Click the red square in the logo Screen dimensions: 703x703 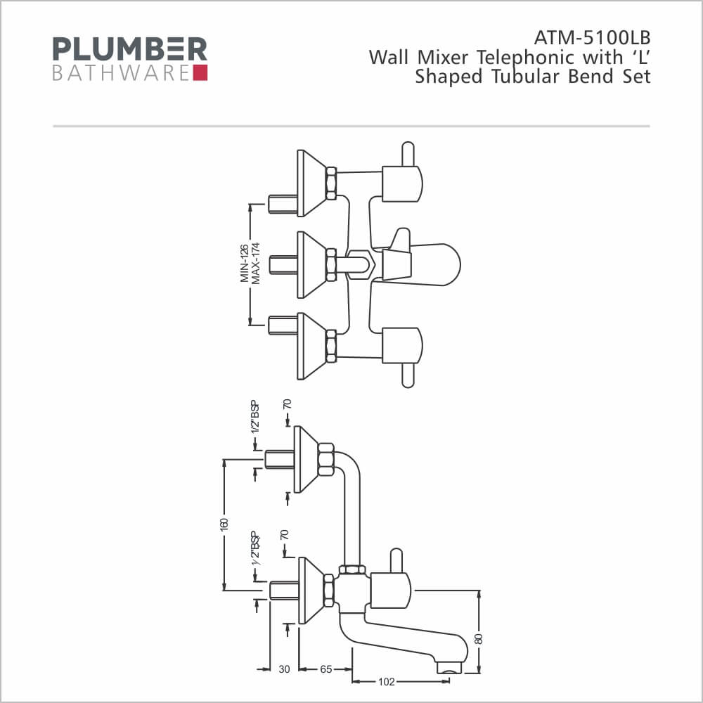click(200, 73)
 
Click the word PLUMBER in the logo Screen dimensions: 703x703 click(130, 49)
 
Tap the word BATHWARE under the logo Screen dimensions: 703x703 click(121, 74)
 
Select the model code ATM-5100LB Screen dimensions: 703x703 click(592, 38)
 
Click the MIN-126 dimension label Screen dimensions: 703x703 click(245, 263)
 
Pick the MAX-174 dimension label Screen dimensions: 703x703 click(256, 263)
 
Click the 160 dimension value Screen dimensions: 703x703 click(224, 524)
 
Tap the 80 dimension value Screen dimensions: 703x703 click(479, 638)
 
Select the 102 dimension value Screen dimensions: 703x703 click(387, 682)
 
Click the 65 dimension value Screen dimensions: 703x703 click(326, 669)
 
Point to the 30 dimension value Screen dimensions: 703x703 click(284, 669)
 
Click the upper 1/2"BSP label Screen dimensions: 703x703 click(255, 418)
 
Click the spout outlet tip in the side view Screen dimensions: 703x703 click(449, 669)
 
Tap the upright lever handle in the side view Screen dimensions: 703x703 click(396, 560)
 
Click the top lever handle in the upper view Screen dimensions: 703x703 click(408, 155)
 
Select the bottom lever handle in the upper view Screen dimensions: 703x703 click(408, 375)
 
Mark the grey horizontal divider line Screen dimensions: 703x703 click(351, 127)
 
